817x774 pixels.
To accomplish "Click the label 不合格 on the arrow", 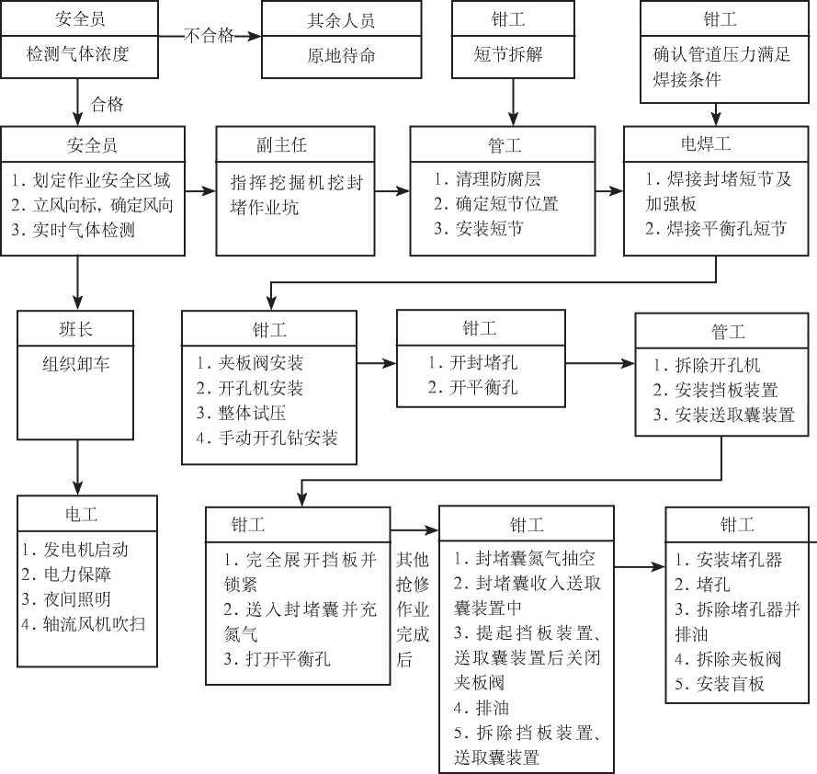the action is (x=209, y=36).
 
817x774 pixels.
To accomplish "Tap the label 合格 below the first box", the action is (x=107, y=104).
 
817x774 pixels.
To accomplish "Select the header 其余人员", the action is (x=341, y=20).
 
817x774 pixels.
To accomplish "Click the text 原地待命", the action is (x=341, y=55).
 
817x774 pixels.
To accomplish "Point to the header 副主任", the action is (x=282, y=144).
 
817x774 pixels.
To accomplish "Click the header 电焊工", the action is (x=706, y=143).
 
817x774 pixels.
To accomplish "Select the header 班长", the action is (x=75, y=329).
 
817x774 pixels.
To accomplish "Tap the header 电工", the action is (x=81, y=514).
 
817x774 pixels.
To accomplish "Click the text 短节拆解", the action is (x=508, y=53).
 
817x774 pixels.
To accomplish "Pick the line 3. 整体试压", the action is (x=242, y=413).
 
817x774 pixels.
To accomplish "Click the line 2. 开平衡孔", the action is (x=472, y=387).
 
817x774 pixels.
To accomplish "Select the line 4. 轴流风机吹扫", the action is (x=84, y=624).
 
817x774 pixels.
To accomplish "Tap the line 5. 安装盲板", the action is (x=720, y=683).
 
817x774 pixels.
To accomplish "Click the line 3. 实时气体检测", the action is (x=73, y=229).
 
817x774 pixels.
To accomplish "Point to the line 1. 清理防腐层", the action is (x=487, y=178).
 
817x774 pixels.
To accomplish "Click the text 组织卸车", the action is (x=76, y=364).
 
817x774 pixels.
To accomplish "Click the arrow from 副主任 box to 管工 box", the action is (x=392, y=191).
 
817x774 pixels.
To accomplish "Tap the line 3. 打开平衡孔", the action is (x=278, y=659).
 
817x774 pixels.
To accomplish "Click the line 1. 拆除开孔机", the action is (x=707, y=365).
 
